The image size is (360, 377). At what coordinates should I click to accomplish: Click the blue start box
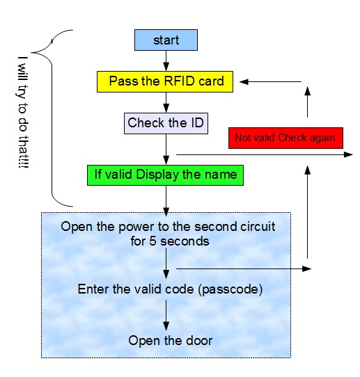(x=166, y=40)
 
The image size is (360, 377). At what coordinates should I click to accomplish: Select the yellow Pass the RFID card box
(x=165, y=81)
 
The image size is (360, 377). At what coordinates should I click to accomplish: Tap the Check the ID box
(x=166, y=123)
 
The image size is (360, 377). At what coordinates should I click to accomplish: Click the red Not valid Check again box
(x=285, y=138)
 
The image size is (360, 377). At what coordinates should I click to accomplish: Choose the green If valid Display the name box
(x=165, y=175)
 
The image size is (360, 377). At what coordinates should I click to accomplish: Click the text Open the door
(x=170, y=340)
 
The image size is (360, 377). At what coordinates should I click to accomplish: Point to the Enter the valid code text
(x=136, y=289)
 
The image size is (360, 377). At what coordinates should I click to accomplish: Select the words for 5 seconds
(x=170, y=241)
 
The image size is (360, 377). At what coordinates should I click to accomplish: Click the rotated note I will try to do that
(x=23, y=112)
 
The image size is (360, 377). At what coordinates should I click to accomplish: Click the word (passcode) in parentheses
(x=230, y=289)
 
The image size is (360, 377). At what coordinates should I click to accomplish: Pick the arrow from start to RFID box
(x=166, y=61)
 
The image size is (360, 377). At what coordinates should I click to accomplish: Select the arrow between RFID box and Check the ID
(x=166, y=103)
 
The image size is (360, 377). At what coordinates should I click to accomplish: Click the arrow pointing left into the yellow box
(x=270, y=82)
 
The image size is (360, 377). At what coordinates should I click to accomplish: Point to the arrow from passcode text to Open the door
(x=166, y=315)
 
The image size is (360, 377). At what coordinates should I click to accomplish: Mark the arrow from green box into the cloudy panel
(x=166, y=201)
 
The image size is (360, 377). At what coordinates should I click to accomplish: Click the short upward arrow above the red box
(x=307, y=102)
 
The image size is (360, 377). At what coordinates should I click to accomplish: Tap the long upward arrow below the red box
(x=307, y=212)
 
